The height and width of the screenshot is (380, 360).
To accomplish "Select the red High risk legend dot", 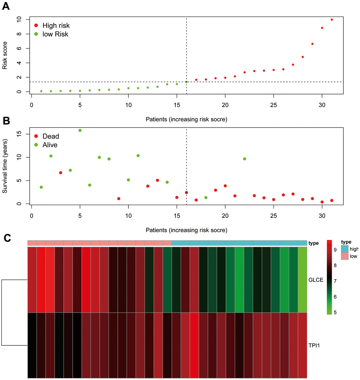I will [36, 25].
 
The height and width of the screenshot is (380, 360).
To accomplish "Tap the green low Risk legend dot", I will [36, 34].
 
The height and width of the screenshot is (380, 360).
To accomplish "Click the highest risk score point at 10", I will [332, 20].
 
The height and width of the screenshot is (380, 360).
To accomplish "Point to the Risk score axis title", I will [5, 55].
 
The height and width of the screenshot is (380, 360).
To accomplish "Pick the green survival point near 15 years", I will [80, 131].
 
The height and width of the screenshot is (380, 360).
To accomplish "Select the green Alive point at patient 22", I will [245, 159].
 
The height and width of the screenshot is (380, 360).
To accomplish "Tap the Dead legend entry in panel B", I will [50, 136].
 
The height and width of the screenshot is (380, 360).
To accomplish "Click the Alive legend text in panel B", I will [50, 145].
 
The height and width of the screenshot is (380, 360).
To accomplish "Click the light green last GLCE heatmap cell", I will [302, 279].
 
